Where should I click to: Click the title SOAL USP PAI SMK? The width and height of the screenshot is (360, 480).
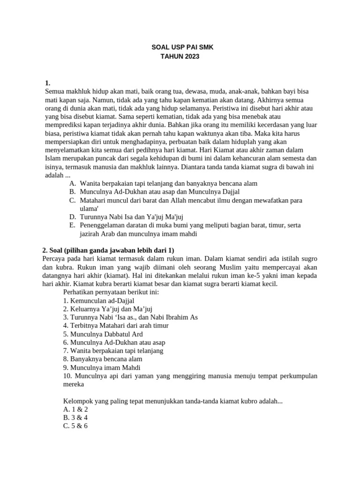[180, 48]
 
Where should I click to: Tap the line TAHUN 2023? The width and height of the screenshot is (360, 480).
[180, 57]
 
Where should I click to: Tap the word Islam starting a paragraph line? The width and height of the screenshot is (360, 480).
[51, 158]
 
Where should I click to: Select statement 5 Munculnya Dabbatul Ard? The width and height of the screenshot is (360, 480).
[102, 334]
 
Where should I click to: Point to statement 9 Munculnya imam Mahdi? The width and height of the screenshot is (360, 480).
[101, 367]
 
